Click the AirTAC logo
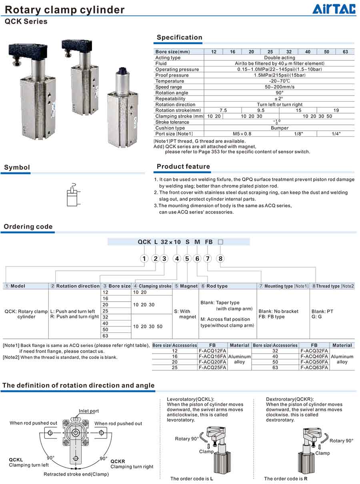pyautogui.click(x=334, y=9)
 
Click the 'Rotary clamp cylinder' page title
pyautogui.click(x=64, y=10)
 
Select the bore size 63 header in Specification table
pyautogui.click(x=345, y=52)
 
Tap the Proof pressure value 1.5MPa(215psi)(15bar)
pyautogui.click(x=279, y=75)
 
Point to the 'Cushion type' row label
pyautogui.click(x=170, y=128)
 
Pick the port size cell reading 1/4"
pyautogui.click(x=336, y=134)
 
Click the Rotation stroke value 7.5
pyautogui.click(x=223, y=110)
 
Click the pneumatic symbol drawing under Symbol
pyautogui.click(x=72, y=195)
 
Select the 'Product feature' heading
pyautogui.click(x=183, y=167)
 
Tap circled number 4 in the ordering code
pyautogui.click(x=177, y=258)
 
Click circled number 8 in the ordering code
pyautogui.click(x=220, y=258)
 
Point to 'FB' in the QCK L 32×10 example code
pyautogui.click(x=209, y=242)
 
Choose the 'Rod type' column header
pyautogui.click(x=217, y=286)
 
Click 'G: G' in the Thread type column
pyautogui.click(x=316, y=317)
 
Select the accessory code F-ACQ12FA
pyautogui.click(x=212, y=351)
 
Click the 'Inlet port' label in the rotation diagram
pyautogui.click(x=88, y=411)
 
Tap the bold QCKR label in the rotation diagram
pyautogui.click(x=118, y=461)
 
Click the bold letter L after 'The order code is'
pyautogui.click(x=212, y=479)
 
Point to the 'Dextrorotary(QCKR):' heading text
pyautogui.click(x=290, y=399)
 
